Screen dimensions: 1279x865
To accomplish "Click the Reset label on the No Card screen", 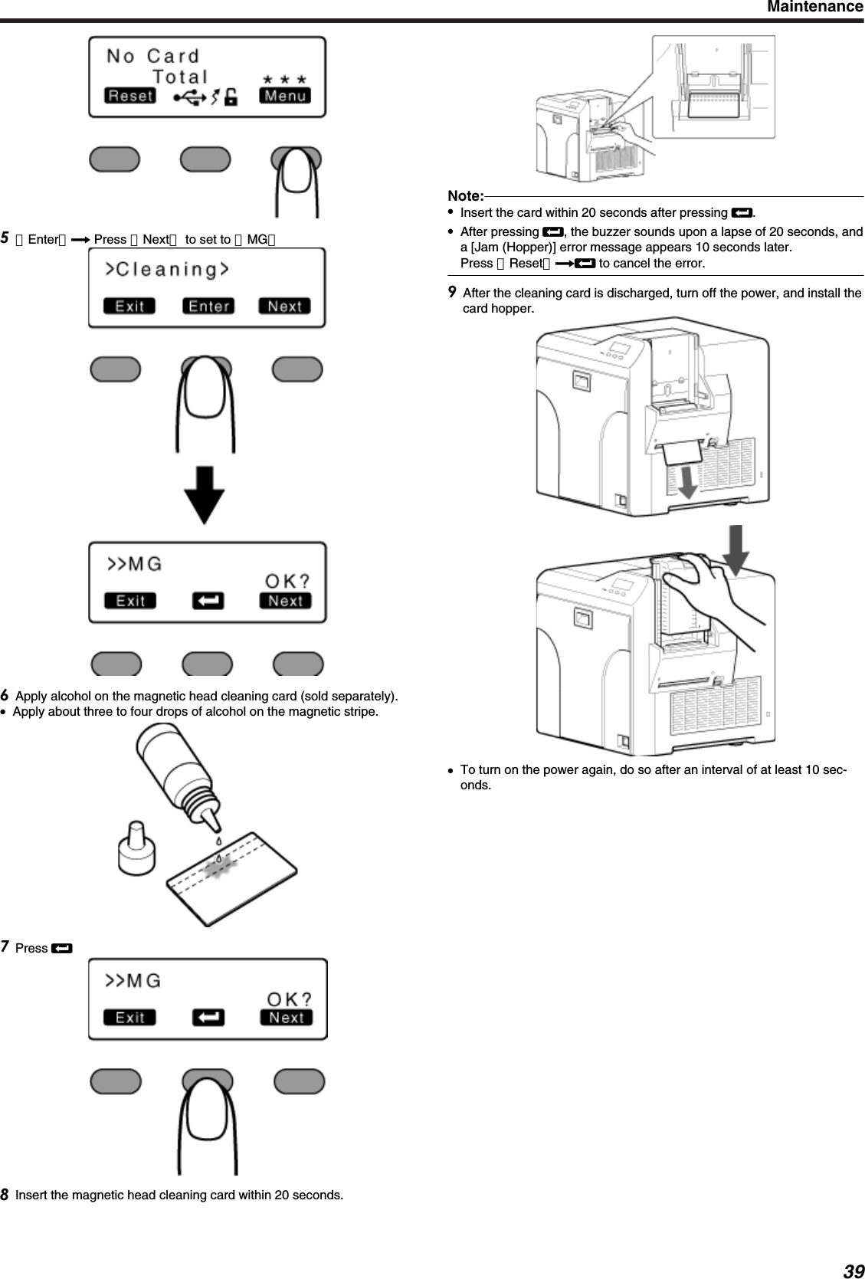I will [x=130, y=96].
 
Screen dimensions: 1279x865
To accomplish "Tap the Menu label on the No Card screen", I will [x=285, y=96].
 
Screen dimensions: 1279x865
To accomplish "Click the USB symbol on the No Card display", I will [x=188, y=97].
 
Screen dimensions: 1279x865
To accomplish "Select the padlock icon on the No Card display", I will [x=230, y=97].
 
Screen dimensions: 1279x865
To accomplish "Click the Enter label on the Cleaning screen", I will [x=208, y=307].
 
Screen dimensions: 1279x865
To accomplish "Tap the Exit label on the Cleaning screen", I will [x=129, y=307].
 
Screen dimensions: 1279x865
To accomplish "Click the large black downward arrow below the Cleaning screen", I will [x=204, y=495].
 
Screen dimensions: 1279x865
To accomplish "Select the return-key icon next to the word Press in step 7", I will [x=61, y=949].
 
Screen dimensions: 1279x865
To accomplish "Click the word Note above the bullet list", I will [x=465, y=196].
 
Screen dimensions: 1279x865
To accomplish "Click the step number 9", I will [x=453, y=293].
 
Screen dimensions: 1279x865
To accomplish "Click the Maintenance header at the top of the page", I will [x=815, y=8].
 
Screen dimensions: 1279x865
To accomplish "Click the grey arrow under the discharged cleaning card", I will [x=687, y=480].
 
